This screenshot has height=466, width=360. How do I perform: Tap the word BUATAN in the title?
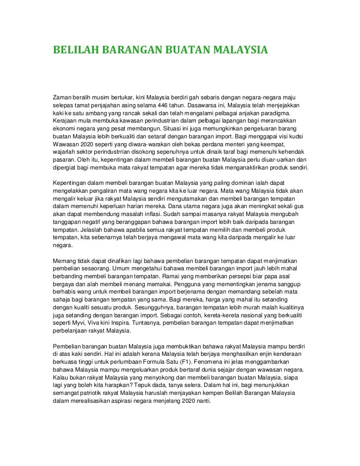pos(186,50)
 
